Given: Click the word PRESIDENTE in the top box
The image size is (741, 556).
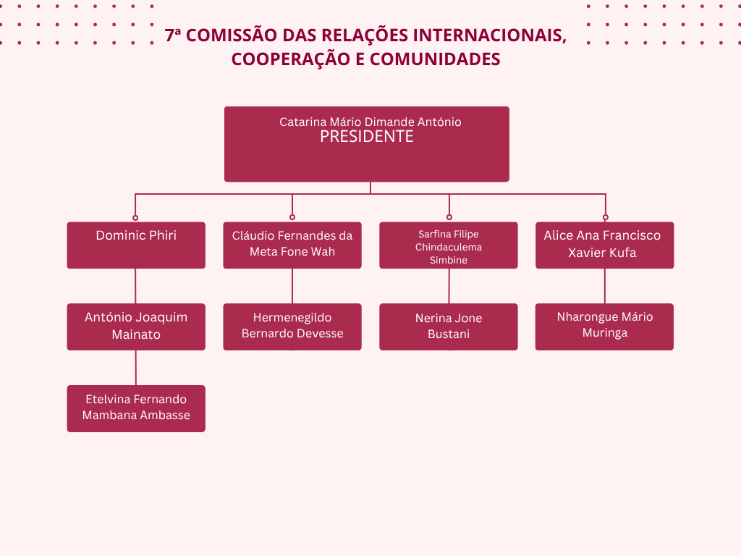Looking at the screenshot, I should tap(367, 137).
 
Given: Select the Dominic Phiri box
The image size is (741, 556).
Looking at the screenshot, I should tap(136, 245).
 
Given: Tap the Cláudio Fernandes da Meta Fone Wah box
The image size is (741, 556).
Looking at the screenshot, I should tap(292, 245).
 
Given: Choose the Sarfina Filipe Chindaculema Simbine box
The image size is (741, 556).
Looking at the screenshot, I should tap(449, 245).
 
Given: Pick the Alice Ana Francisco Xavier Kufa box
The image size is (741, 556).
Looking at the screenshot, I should tap(605, 245).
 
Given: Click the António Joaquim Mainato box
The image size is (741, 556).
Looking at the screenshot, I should tap(136, 327).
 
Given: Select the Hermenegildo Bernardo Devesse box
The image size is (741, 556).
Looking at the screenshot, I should tap(292, 327).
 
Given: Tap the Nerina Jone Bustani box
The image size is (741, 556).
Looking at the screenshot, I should tap(449, 327).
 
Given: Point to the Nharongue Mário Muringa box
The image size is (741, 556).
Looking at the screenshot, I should tap(605, 327).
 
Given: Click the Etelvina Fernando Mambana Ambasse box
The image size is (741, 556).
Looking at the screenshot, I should tap(136, 408).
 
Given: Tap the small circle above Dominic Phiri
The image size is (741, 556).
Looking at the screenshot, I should tap(135, 217).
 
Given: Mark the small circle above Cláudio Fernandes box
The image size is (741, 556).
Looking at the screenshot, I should tap(292, 217).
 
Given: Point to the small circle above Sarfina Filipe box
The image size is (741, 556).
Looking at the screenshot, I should tap(449, 217).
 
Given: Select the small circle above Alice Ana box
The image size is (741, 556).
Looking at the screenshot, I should tap(606, 217).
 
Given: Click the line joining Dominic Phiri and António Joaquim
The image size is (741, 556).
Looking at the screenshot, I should tap(136, 286).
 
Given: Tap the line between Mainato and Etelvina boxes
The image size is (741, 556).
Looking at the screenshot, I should tap(136, 368).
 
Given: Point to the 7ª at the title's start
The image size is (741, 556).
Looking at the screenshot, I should tap(173, 35).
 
